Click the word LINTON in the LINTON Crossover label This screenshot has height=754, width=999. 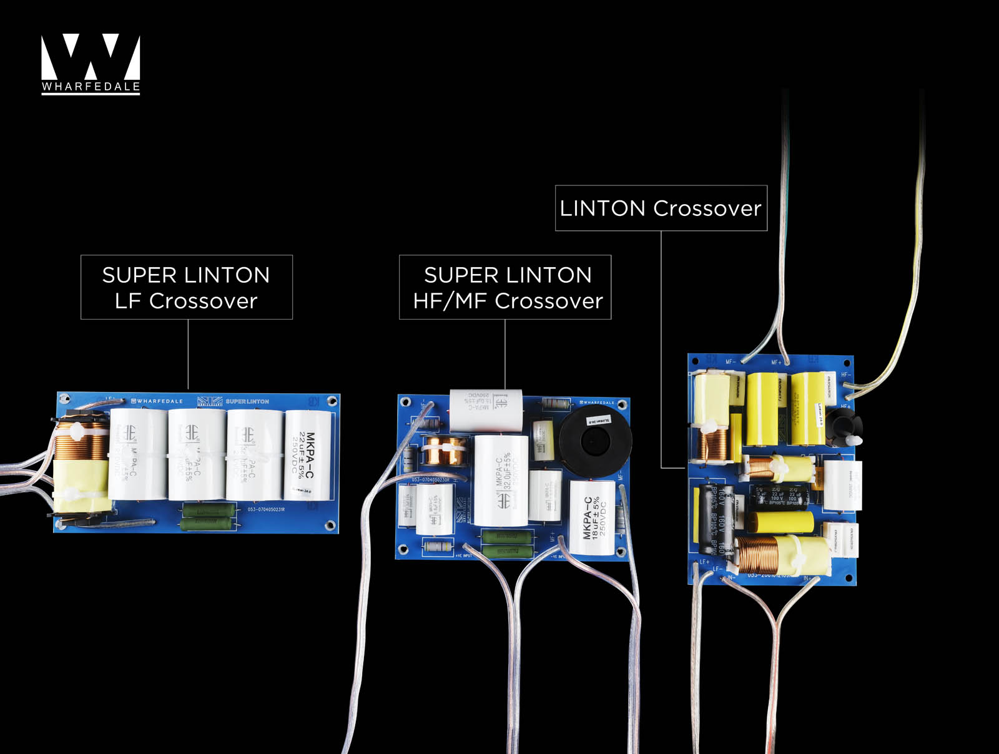603,208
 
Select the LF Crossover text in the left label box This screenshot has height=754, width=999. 186,301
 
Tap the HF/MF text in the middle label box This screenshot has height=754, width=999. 450,301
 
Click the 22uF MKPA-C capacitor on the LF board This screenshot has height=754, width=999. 308,454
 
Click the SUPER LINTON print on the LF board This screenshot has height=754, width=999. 247,401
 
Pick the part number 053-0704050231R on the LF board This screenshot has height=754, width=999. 266,510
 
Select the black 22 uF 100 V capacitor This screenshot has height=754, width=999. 777,496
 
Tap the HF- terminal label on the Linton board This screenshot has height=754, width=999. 845,375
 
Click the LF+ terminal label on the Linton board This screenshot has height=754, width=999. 704,562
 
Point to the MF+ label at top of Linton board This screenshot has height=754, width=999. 776,362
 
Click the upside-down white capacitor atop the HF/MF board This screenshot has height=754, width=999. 486,410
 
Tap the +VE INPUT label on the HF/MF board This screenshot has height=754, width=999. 463,556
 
